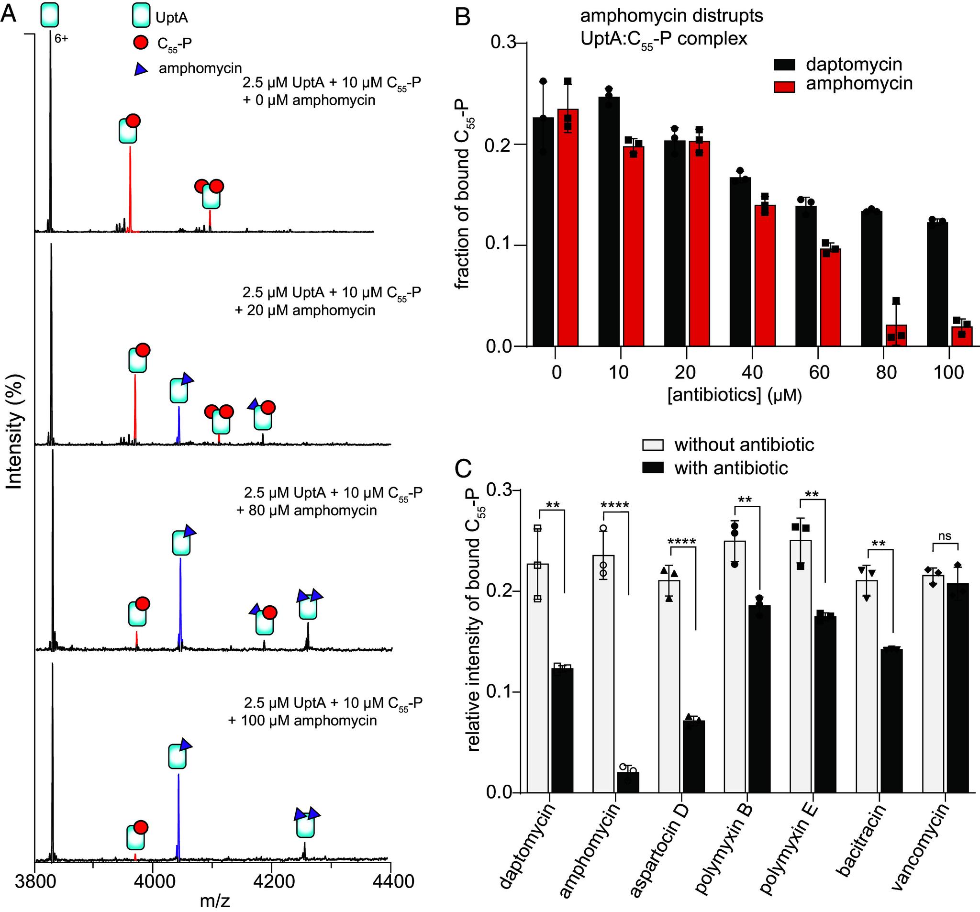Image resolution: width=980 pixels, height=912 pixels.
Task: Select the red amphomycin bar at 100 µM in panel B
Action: coord(961,337)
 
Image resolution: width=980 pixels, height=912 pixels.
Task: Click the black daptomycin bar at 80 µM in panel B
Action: coord(871,278)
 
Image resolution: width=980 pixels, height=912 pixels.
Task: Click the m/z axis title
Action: coord(215,901)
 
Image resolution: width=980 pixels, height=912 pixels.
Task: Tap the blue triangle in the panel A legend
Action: coord(142,69)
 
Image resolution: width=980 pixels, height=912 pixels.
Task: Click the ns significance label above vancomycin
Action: coord(945,536)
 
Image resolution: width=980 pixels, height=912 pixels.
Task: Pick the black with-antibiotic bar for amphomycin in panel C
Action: coord(628,782)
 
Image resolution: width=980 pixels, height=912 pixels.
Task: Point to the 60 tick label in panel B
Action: coord(819,373)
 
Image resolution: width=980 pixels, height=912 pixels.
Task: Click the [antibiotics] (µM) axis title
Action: coord(735,395)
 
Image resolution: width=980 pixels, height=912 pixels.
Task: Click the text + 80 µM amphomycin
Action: coord(307,510)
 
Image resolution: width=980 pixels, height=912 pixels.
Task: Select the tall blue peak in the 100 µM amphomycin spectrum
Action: coord(178,818)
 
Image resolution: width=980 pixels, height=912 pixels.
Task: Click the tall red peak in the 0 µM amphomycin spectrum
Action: coord(130,188)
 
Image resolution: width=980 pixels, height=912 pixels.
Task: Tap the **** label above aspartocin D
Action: coord(681,542)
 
